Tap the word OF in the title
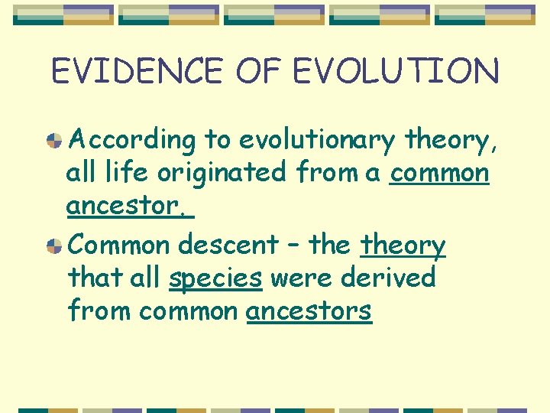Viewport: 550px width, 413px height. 260,71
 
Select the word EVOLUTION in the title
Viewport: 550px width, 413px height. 396,71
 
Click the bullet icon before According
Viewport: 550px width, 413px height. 53,140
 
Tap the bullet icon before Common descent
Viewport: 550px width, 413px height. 53,246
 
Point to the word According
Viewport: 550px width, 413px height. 132,140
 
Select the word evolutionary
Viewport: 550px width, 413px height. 316,140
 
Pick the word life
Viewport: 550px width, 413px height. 126,173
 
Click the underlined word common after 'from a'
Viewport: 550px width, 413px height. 438,173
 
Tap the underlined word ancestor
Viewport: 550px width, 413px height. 128,206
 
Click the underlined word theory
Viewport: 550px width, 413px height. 403,246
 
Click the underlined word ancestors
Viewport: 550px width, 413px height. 309,311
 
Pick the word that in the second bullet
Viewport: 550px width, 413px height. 93,278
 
